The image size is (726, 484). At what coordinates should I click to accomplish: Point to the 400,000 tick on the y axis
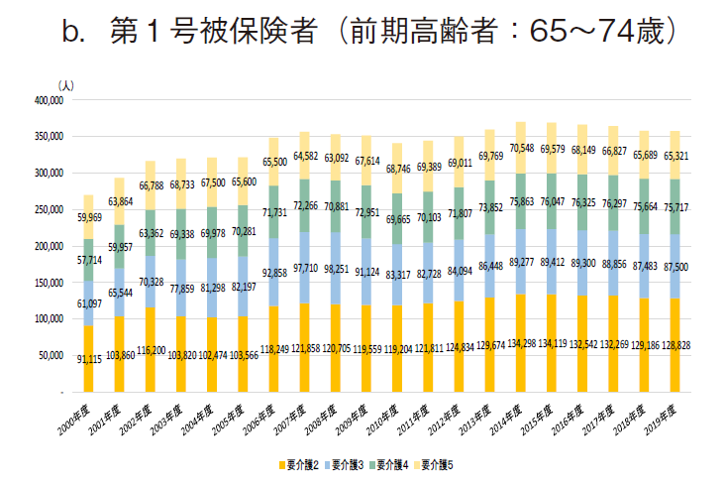coord(48,100)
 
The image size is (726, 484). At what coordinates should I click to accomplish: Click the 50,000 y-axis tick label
coord(50,355)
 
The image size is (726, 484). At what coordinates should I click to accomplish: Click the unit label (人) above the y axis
coord(66,87)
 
